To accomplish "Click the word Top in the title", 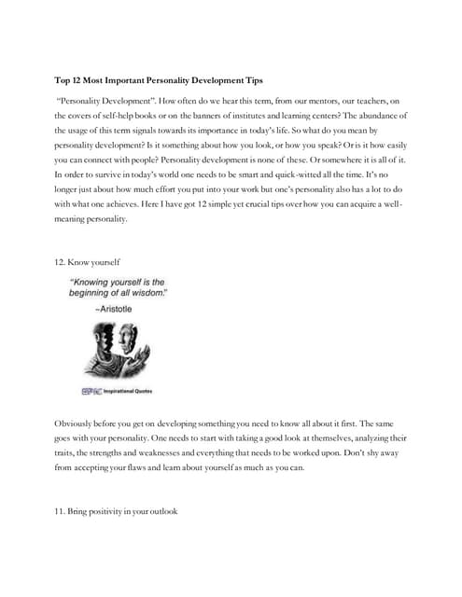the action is [63, 81].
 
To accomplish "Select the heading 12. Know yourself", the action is [87, 264].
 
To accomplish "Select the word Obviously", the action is [77, 423].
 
